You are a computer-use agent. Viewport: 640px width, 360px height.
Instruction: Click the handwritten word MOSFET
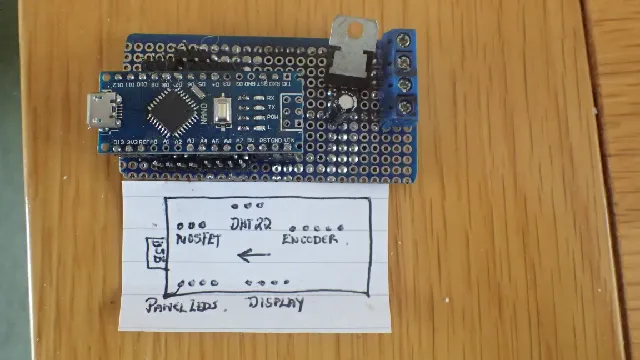coord(198,241)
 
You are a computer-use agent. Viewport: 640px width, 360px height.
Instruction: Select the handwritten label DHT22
coord(250,223)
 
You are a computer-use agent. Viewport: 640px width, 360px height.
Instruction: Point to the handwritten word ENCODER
coord(315,240)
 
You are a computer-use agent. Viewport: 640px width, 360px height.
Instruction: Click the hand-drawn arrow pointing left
coord(255,256)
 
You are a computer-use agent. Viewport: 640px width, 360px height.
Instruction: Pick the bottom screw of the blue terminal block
coord(406,106)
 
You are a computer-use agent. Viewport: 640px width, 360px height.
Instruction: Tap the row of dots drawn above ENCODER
coord(319,227)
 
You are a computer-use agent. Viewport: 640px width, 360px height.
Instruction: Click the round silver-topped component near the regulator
coord(346,102)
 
